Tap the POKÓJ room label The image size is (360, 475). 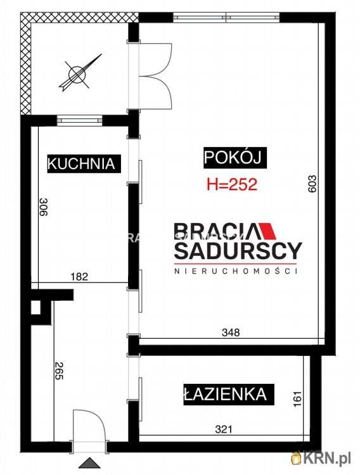[232, 157]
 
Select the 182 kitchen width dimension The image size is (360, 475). [79, 276]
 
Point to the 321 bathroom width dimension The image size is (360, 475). [224, 429]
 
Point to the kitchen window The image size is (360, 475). [79, 119]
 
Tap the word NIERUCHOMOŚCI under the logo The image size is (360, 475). [238, 271]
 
